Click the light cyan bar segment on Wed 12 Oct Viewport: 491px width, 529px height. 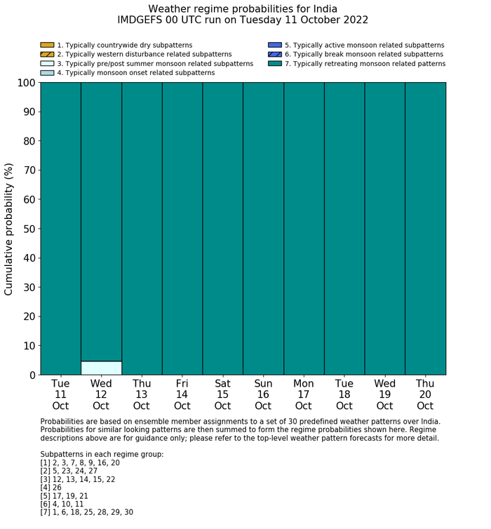101,368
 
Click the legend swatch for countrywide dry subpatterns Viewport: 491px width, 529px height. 47,45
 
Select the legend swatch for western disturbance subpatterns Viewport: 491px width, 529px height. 47,54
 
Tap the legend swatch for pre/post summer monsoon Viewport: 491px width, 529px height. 47,63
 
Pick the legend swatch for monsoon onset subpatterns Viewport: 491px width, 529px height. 47,72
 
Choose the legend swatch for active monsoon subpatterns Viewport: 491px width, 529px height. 274,45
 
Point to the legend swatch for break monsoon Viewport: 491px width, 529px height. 274,54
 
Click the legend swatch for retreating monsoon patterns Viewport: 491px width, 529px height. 274,63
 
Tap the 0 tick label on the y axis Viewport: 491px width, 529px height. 32,375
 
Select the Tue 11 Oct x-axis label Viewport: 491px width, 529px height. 60,394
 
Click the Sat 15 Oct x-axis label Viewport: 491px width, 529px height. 222,394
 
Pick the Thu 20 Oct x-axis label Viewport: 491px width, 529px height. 425,394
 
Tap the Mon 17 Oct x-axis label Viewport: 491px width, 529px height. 304,394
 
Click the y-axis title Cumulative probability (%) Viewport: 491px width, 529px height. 9,229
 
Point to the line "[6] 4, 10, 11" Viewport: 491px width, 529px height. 63,503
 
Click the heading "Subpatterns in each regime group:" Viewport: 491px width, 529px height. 102,454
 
